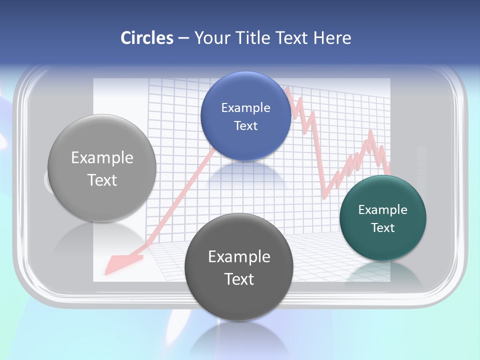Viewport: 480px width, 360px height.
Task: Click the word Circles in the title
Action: pos(146,38)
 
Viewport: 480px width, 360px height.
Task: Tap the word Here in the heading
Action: pos(332,38)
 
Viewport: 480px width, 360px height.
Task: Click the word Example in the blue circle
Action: pos(245,107)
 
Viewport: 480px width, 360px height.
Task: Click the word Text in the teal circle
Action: pos(383,228)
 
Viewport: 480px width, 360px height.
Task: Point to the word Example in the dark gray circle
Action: pos(239,256)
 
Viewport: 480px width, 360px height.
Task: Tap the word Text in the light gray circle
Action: pos(102,180)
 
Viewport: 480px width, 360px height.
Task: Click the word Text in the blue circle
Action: pos(245,126)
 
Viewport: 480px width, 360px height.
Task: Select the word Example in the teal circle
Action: pos(383,209)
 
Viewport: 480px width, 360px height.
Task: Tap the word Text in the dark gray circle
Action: pos(239,279)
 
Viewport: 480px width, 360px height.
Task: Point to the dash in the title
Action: pos(183,38)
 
